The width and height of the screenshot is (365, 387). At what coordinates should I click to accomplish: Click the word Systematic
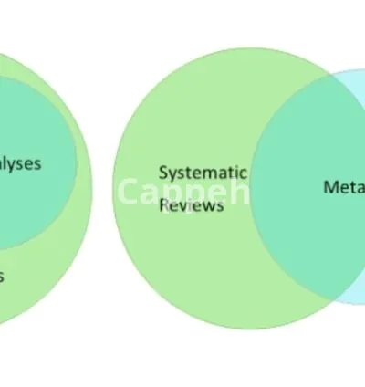tap(203, 172)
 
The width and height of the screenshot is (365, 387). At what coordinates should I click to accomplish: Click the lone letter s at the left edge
tap(3, 276)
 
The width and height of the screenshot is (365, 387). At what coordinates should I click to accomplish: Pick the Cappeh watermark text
tap(182, 193)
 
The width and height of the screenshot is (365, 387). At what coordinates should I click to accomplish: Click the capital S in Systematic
tap(163, 172)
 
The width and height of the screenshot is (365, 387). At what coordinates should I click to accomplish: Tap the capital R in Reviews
tap(164, 205)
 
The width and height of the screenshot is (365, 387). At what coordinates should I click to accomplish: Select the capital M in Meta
tap(330, 187)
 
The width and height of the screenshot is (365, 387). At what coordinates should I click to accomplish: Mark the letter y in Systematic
tap(172, 173)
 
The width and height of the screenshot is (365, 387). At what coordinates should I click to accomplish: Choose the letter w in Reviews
tap(209, 206)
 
